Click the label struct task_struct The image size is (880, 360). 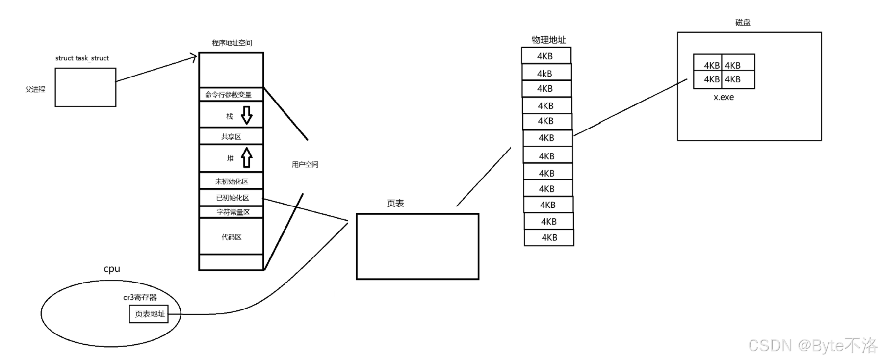coord(82,58)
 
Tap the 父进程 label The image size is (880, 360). coord(35,89)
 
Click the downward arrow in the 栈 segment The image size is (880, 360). coord(247,115)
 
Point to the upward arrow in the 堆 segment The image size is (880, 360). coord(246,157)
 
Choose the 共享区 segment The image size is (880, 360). coord(231,136)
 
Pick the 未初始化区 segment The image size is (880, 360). coord(231,181)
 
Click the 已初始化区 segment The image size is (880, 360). coord(231,198)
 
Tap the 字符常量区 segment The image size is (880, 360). coord(231,212)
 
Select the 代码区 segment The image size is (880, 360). coord(231,237)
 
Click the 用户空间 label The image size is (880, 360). coord(305,164)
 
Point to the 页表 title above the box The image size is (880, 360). coord(395,203)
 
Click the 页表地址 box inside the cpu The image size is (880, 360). coord(149,314)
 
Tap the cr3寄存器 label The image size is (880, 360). coord(140,297)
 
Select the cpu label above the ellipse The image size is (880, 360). coord(112,269)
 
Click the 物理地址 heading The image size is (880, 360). coord(548,40)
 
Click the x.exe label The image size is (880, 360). coord(724,97)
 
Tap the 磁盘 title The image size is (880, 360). coord(743,22)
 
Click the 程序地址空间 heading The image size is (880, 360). coord(232,43)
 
